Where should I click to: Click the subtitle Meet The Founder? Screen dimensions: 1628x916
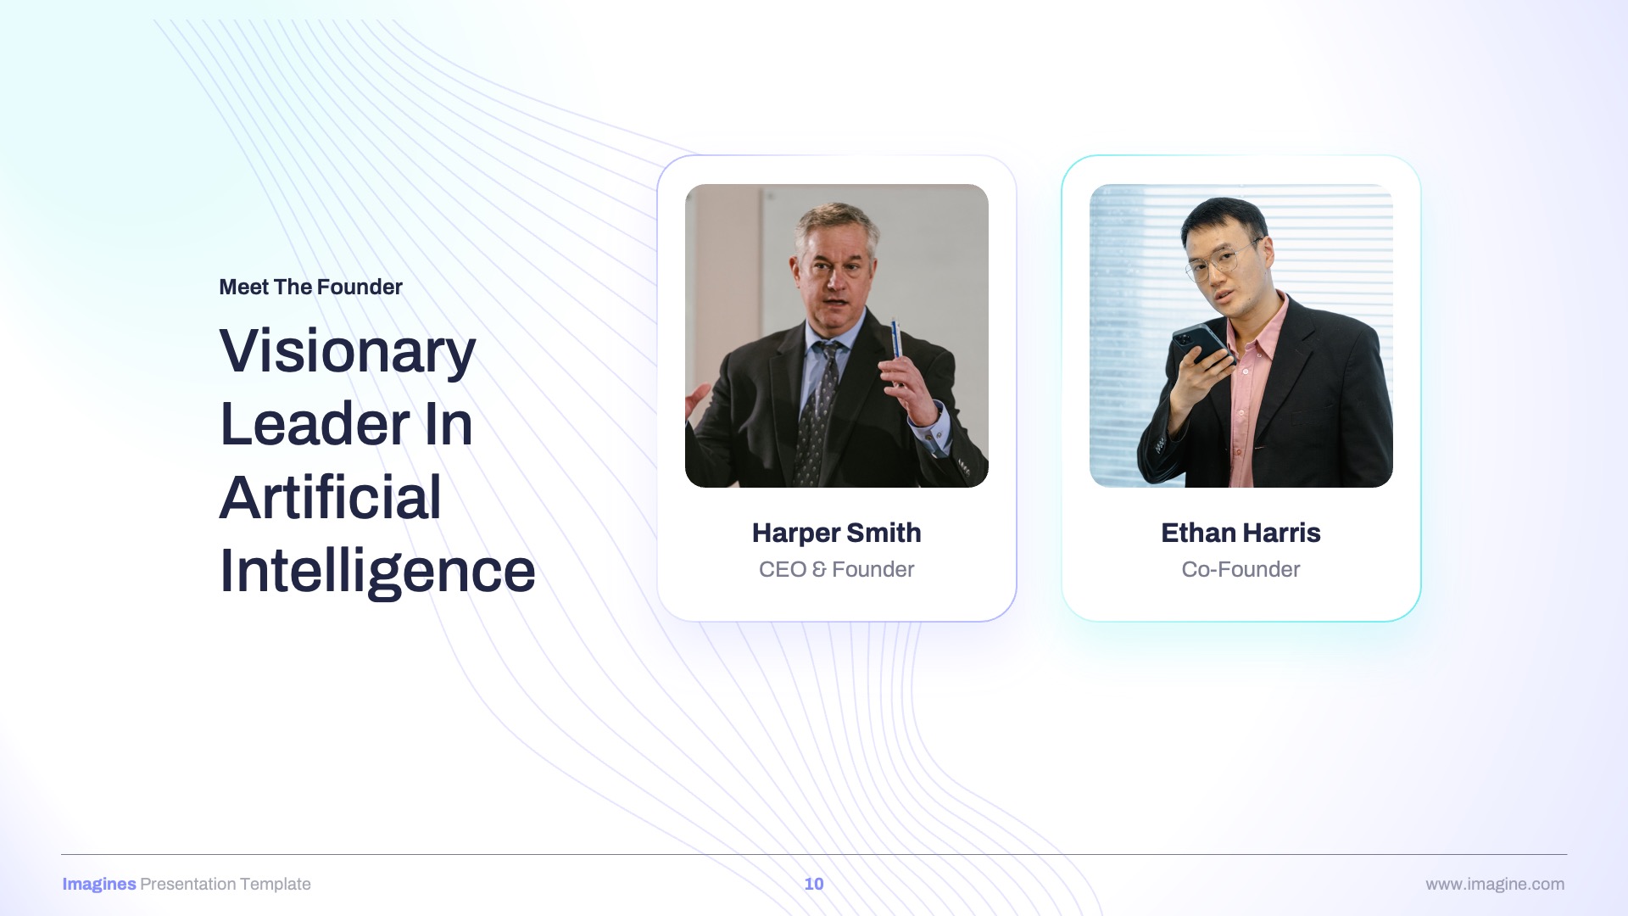click(x=310, y=287)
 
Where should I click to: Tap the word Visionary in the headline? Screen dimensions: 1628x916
click(x=348, y=351)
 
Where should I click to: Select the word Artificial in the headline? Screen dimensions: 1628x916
click(x=331, y=497)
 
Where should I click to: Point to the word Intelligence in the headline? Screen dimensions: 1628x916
click(x=377, y=572)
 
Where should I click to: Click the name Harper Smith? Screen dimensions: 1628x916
click(x=836, y=533)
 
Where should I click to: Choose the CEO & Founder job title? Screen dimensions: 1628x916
click(x=836, y=569)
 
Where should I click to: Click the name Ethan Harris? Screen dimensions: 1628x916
click(x=1241, y=533)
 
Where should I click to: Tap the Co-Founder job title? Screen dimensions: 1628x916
click(x=1241, y=569)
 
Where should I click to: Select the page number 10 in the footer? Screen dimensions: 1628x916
click(x=814, y=884)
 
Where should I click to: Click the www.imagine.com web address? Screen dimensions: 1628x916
click(x=1495, y=884)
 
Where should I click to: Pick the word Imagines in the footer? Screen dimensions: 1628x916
click(x=99, y=884)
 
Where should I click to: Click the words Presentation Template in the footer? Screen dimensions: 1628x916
click(x=226, y=884)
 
